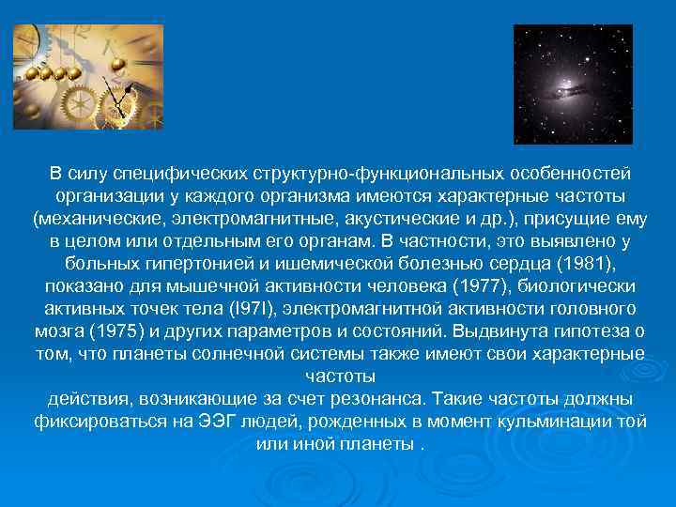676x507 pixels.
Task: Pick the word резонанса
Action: point(360,399)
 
